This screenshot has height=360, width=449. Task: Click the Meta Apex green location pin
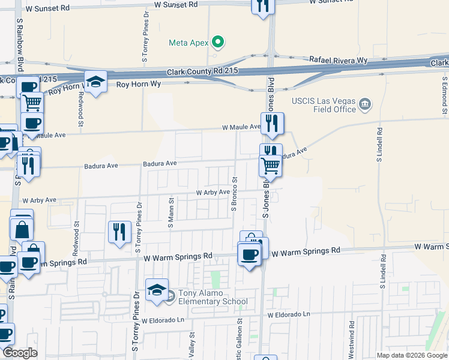tap(219, 43)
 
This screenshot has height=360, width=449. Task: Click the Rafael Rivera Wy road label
tap(338, 60)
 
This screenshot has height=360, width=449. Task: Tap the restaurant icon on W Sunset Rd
tap(262, 6)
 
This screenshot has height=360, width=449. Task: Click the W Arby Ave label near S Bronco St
tap(213, 193)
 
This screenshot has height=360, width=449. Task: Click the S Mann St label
tap(171, 213)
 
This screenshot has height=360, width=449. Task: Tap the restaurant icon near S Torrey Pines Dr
tap(119, 232)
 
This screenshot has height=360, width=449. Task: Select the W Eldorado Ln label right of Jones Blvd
tap(289, 314)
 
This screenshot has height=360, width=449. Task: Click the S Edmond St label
tap(445, 96)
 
